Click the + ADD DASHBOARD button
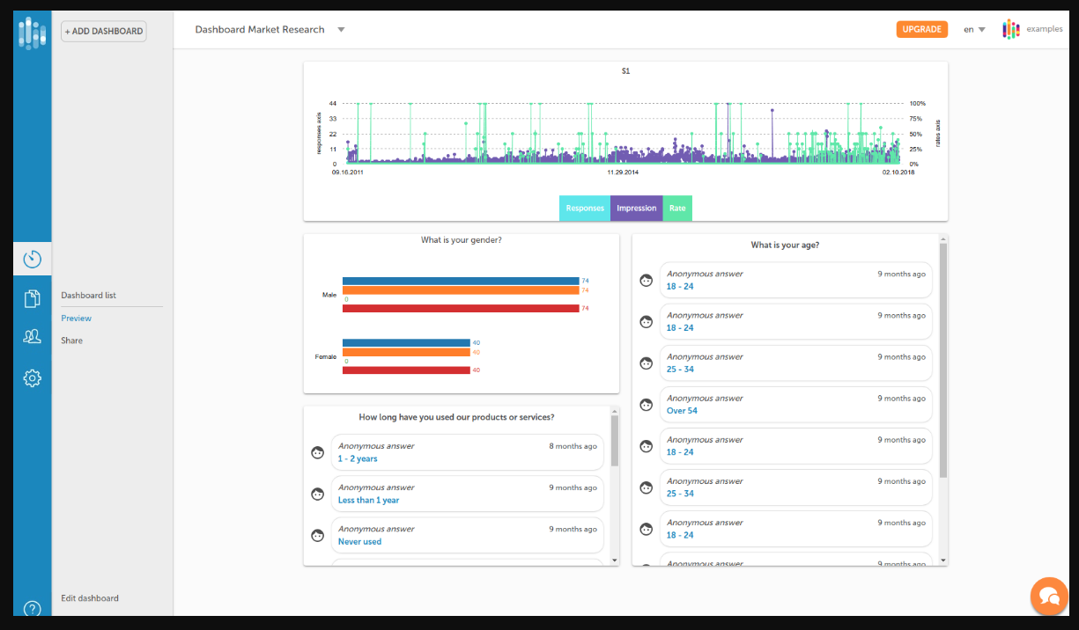tap(104, 32)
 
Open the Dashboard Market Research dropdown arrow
tap(341, 30)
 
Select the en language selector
tap(973, 30)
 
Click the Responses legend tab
tap(585, 209)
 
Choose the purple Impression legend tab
tap(636, 209)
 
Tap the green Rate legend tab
tap(677, 209)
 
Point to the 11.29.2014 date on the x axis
tap(623, 173)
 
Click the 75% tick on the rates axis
tap(916, 119)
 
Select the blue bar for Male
tap(460, 281)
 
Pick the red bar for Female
tap(406, 370)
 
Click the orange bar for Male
tap(460, 290)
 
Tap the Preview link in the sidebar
tap(77, 319)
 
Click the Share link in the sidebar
tap(72, 341)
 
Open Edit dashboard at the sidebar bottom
tap(90, 598)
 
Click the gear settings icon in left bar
tap(33, 378)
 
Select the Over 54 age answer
tap(682, 411)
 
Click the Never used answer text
tap(359, 542)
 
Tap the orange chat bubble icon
tap(1049, 596)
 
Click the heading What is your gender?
tap(462, 240)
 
